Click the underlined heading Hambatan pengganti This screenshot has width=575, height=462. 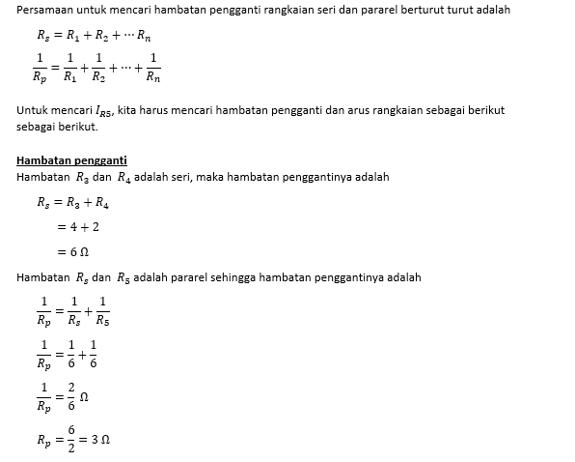[72, 159]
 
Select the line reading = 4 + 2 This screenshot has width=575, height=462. [76, 227]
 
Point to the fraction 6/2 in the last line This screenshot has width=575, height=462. [71, 439]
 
